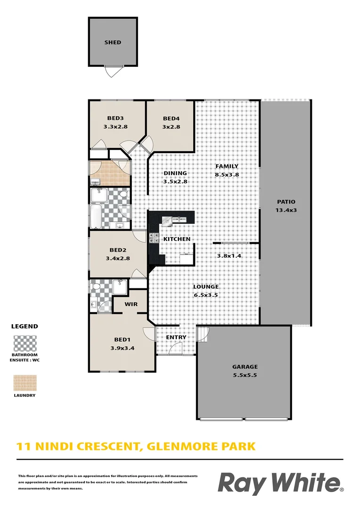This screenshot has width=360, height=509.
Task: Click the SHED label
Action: (x=113, y=42)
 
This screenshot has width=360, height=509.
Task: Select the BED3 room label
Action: (x=115, y=118)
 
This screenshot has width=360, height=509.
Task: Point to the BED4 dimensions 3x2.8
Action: (x=172, y=127)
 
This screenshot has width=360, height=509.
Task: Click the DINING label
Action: (x=175, y=173)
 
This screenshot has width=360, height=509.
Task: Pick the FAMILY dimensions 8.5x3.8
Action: (x=227, y=174)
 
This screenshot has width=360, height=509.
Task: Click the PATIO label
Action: (x=286, y=202)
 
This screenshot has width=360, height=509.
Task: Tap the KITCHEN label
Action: (x=177, y=239)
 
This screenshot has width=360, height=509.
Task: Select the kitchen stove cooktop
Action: (x=154, y=238)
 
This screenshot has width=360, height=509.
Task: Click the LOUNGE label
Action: (x=205, y=287)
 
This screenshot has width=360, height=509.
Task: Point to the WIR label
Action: (x=131, y=304)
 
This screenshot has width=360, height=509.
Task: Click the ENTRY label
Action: (x=176, y=337)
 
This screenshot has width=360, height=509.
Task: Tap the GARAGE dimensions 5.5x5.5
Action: (x=245, y=375)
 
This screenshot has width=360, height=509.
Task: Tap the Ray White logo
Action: (x=280, y=484)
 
